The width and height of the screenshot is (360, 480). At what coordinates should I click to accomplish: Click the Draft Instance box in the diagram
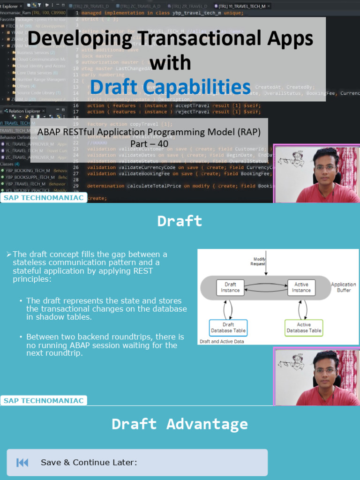coord(230,287)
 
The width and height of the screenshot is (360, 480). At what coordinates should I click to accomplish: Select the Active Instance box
coord(301,287)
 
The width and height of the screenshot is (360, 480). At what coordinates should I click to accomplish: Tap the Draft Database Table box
coord(228,327)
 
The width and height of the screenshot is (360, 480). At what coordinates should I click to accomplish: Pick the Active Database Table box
coord(304,327)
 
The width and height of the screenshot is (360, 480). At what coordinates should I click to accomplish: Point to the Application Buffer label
coord(343,287)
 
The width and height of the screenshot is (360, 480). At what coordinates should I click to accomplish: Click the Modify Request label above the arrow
coord(260,262)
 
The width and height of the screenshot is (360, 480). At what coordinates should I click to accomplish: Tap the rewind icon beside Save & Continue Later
coord(22,463)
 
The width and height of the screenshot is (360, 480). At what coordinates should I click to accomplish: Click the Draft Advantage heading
coord(180,424)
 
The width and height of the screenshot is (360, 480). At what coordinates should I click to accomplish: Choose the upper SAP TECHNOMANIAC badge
coord(44,198)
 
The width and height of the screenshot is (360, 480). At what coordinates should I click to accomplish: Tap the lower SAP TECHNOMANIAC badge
coord(44,401)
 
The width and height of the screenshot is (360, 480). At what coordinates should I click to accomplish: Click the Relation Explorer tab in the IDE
coord(24,111)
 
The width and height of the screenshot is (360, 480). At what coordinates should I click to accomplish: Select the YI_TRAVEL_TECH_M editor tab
coord(242,6)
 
